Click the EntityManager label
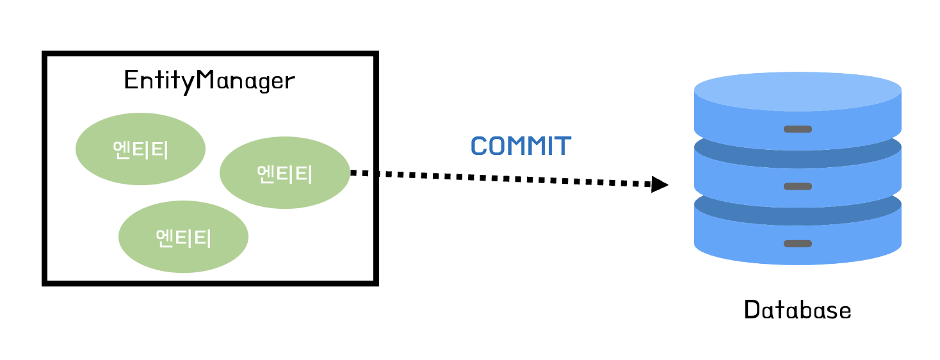coord(209,81)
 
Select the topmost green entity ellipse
coord(140,149)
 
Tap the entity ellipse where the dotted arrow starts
coord(284,172)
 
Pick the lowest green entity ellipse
coord(183,237)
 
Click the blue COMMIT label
coord(520,146)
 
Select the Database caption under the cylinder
coord(797,311)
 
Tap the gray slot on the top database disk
coord(797,129)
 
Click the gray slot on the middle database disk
coord(797,186)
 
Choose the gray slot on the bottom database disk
coord(797,243)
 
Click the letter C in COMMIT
coord(479,147)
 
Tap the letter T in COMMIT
coord(562,147)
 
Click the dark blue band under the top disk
coord(797,145)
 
